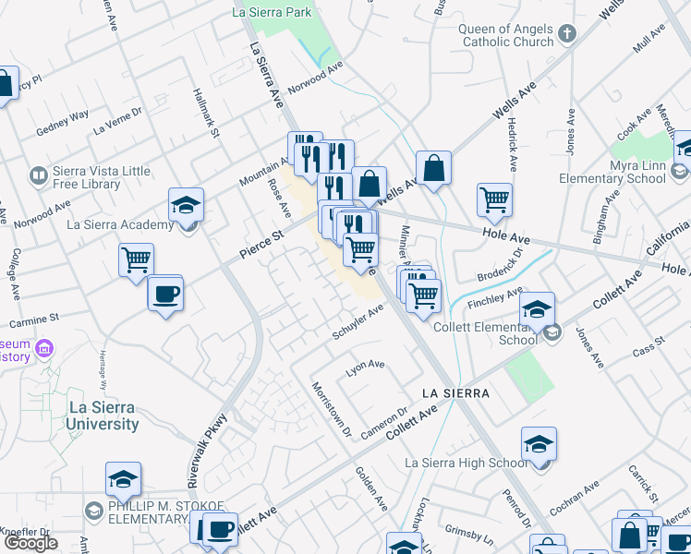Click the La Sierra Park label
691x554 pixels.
(273, 12)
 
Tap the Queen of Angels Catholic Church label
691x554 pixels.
(506, 35)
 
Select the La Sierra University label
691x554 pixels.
(102, 415)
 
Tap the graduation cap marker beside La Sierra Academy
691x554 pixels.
(186, 206)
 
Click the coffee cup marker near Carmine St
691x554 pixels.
(165, 295)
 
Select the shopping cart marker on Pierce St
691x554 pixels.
(136, 261)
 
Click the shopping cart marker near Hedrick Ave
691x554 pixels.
(495, 199)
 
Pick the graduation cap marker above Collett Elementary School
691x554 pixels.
(537, 309)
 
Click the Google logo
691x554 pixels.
(30, 543)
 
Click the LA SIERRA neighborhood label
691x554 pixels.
(454, 393)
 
